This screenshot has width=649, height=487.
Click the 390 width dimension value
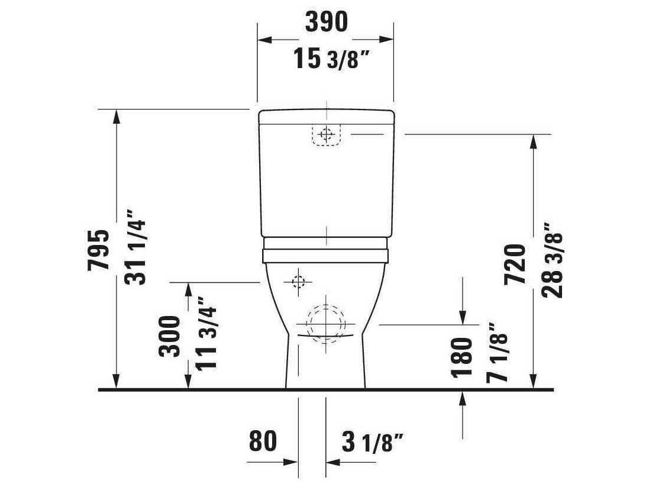click(x=326, y=22)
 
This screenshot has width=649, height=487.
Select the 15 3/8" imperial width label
click(x=334, y=59)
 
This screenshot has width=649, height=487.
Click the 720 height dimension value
click(x=515, y=265)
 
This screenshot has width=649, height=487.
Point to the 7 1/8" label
click(x=498, y=353)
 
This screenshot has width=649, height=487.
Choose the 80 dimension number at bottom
click(x=263, y=441)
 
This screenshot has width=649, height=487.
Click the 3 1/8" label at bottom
click(x=373, y=441)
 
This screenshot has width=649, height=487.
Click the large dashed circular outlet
click(x=325, y=324)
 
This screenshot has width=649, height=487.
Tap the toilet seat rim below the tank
click(x=326, y=255)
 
